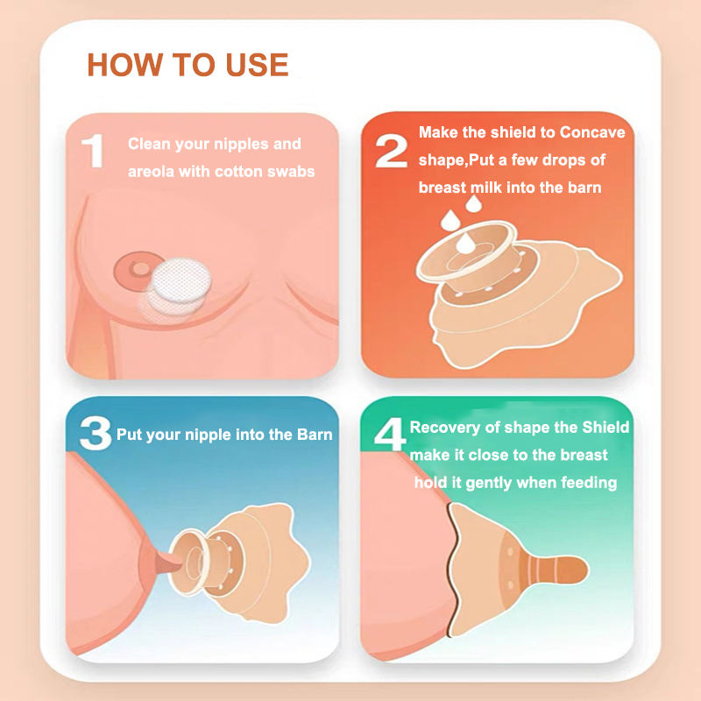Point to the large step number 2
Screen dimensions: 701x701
(391, 152)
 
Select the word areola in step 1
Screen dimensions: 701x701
(152, 171)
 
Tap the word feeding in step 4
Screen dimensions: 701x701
(586, 482)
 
